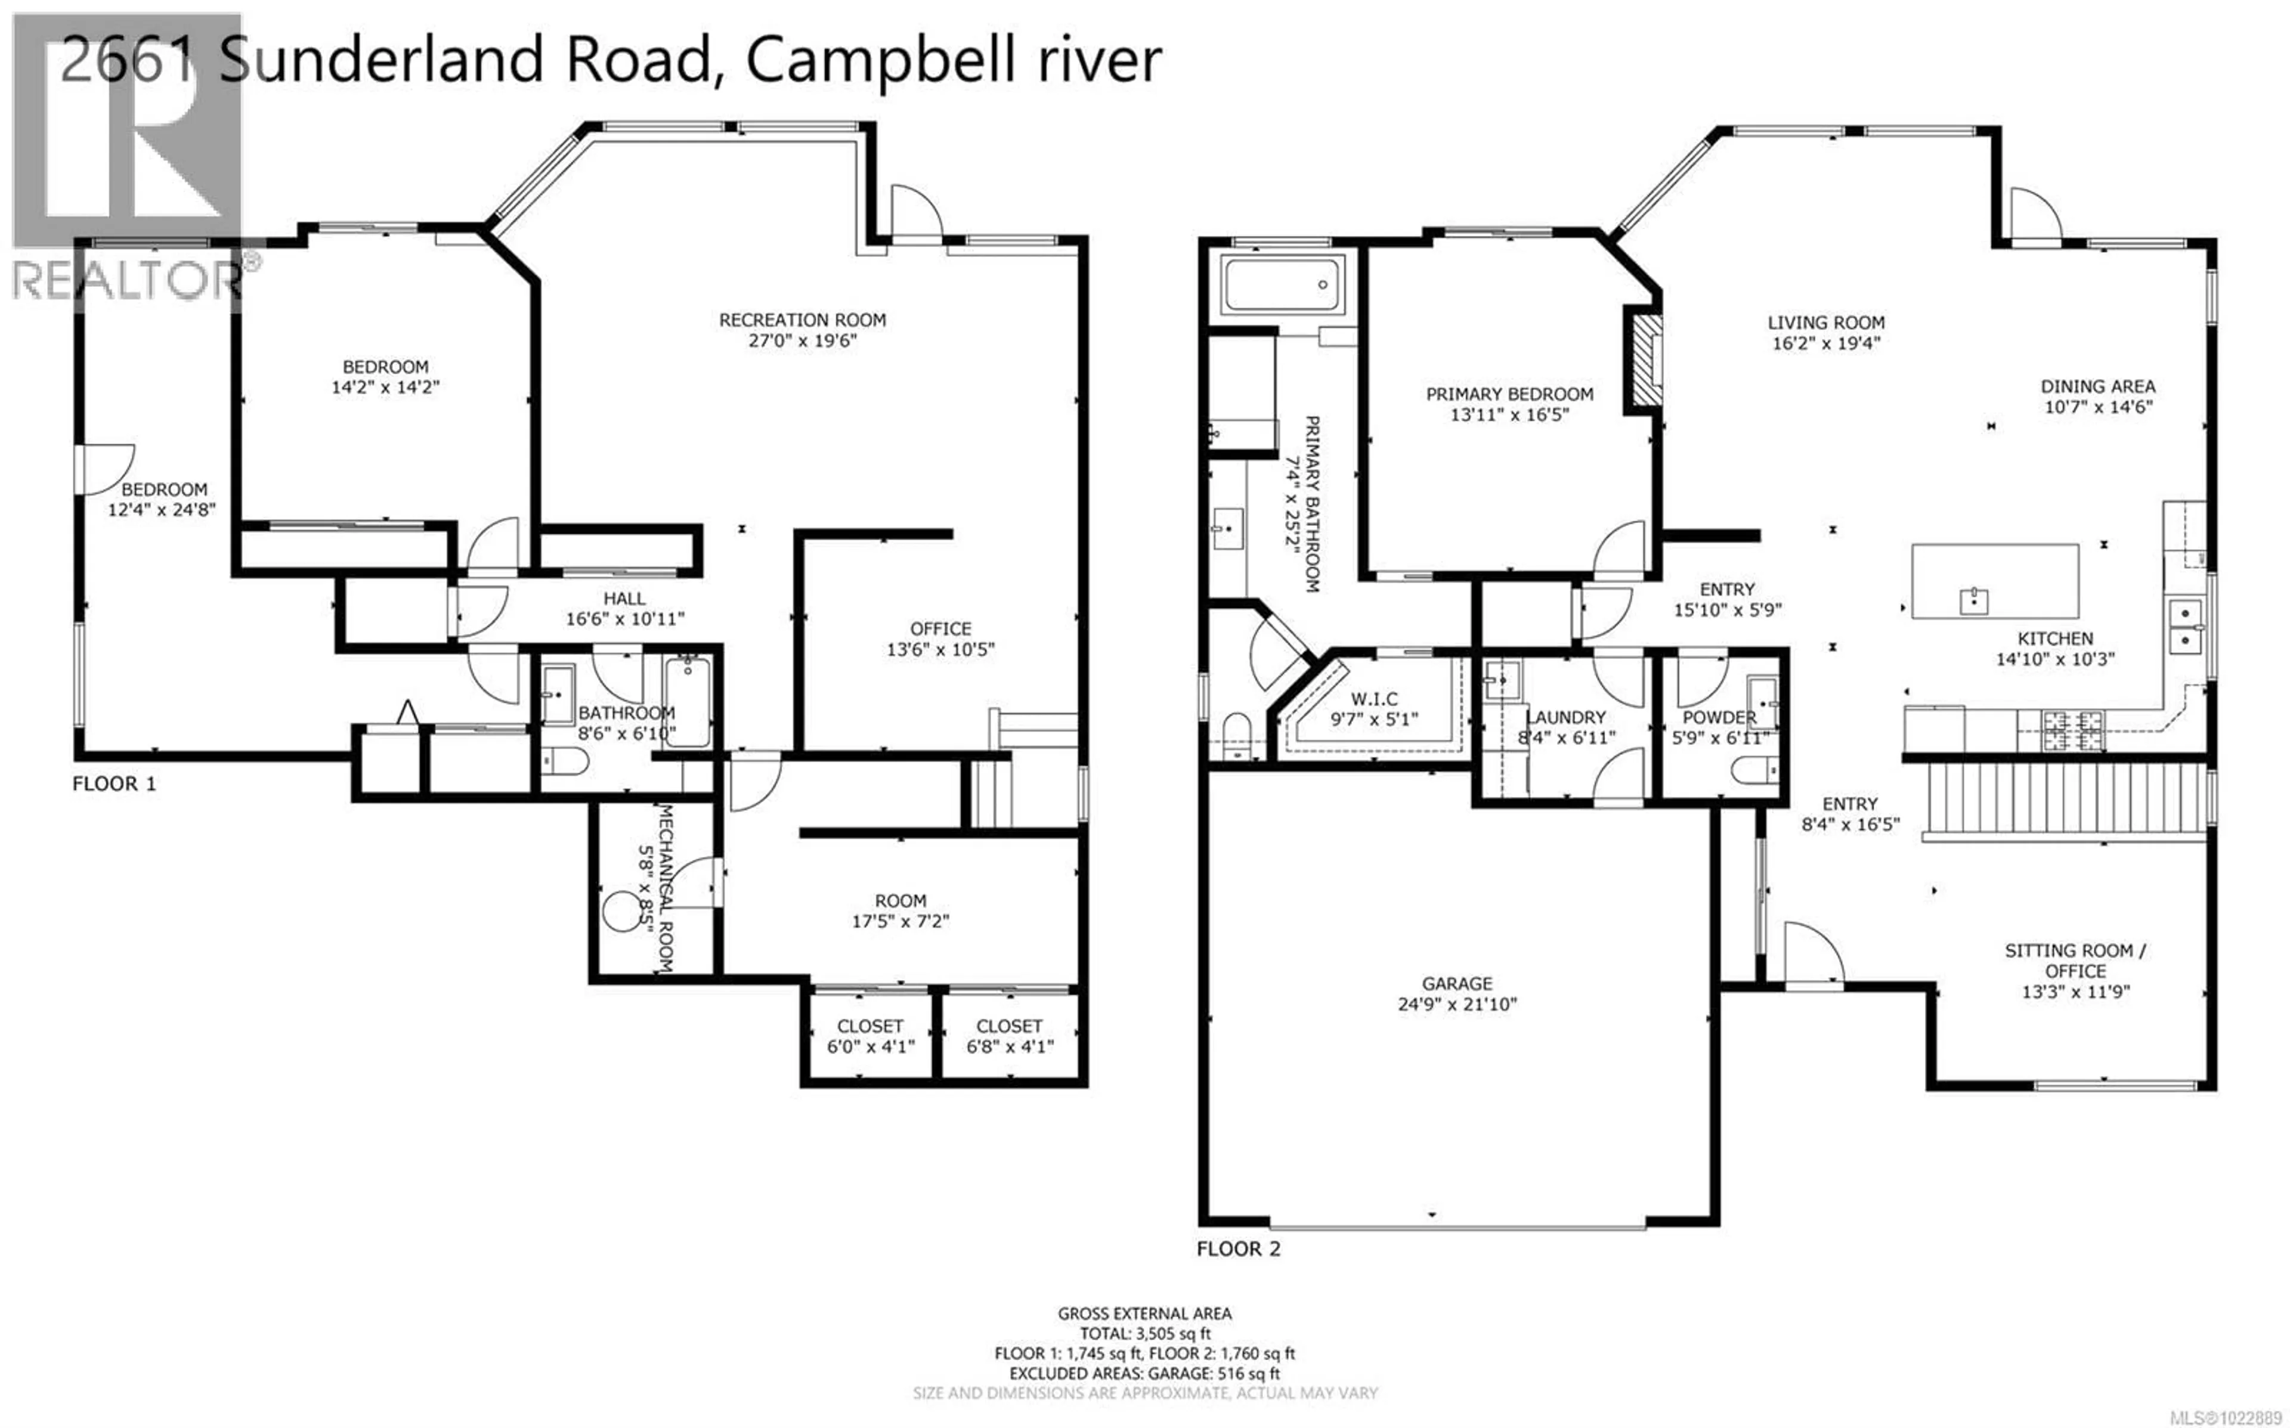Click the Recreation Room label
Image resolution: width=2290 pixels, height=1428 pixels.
(801, 320)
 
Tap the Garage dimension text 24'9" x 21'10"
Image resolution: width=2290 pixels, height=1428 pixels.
(1457, 1004)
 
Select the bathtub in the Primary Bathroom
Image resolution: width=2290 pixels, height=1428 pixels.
(1282, 284)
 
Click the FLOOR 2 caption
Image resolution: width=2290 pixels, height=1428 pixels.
(1238, 1249)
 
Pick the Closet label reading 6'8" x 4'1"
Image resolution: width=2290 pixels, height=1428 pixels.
(1008, 1036)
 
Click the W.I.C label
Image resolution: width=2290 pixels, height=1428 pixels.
(1374, 699)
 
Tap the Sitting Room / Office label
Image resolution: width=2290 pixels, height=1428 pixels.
(2075, 961)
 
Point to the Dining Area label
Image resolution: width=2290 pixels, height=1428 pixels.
(2097, 386)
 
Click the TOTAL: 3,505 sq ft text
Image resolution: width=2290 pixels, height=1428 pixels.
(1144, 1334)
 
